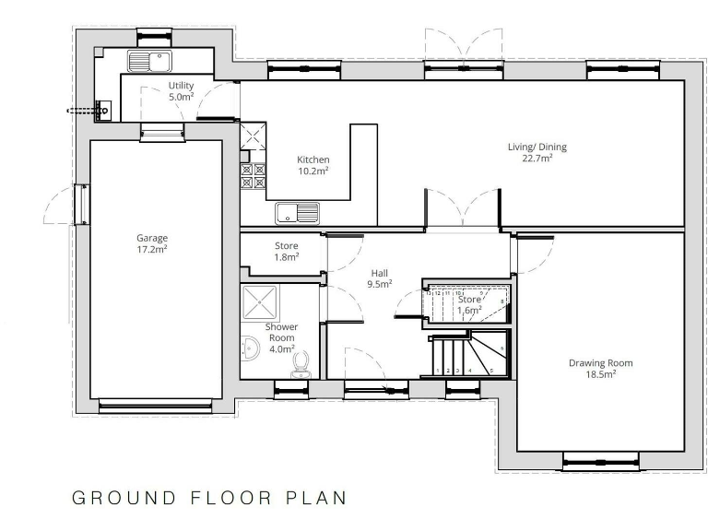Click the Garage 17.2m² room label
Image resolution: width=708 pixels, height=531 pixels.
click(x=152, y=243)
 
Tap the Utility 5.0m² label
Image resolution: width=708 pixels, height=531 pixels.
click(x=181, y=90)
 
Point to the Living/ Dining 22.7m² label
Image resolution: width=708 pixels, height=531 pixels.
click(x=537, y=152)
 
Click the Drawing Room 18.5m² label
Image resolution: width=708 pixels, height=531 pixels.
click(x=600, y=368)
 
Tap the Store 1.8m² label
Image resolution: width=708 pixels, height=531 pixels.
click(x=287, y=251)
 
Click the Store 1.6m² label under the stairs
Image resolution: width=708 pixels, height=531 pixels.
click(x=469, y=305)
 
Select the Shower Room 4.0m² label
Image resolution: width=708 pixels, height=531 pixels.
click(x=280, y=337)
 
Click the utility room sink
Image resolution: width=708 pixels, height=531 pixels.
click(x=150, y=62)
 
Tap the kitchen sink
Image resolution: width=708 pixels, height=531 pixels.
click(x=297, y=213)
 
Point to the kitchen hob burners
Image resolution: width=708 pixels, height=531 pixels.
click(x=253, y=176)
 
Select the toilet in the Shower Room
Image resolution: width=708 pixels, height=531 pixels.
click(x=301, y=370)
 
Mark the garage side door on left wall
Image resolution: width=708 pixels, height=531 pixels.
click(x=81, y=204)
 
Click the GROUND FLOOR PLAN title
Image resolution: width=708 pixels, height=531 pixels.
click(x=209, y=498)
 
